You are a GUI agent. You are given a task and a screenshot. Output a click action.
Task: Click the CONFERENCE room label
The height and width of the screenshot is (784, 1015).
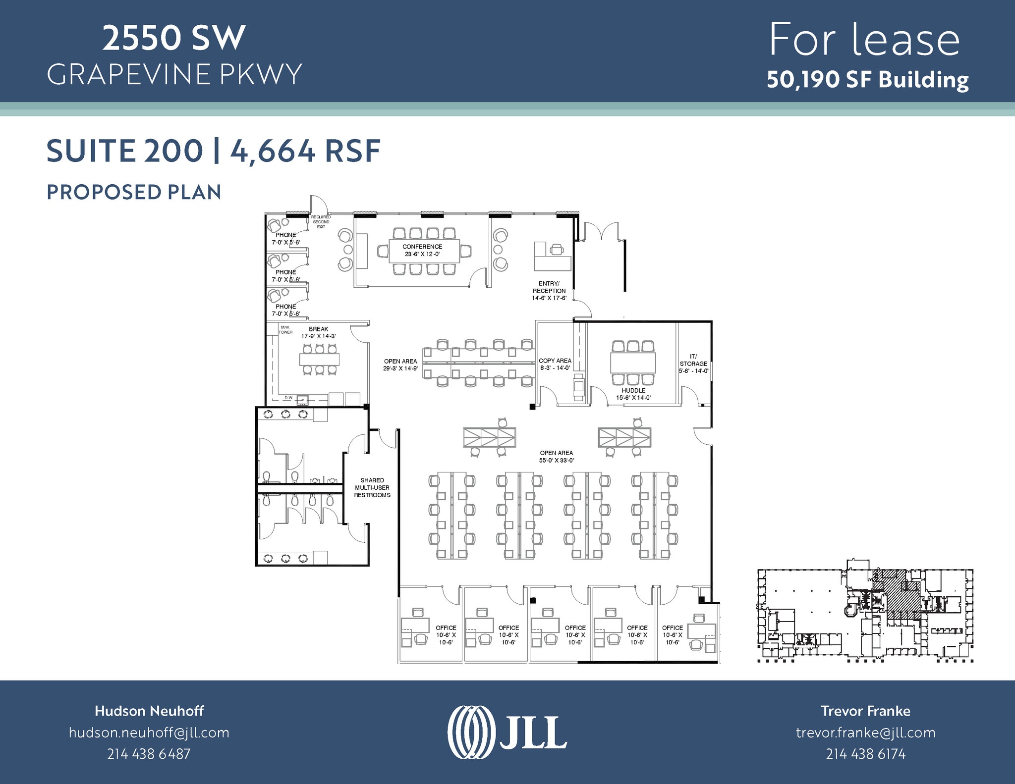422,250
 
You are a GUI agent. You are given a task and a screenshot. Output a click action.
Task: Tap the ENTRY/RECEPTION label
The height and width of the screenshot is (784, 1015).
549,291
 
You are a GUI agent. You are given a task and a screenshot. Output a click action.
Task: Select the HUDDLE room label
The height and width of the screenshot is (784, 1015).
633,394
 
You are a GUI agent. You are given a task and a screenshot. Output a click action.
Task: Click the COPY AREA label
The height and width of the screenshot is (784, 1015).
555,364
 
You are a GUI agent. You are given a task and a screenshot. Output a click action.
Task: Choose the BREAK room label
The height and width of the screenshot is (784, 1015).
319,332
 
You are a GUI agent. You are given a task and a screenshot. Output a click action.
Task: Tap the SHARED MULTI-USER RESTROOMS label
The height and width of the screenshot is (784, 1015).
372,487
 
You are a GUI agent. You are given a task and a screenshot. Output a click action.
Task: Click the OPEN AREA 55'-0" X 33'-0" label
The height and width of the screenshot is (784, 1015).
556,456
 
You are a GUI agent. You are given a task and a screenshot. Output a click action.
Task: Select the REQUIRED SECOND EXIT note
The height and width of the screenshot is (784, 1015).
321,222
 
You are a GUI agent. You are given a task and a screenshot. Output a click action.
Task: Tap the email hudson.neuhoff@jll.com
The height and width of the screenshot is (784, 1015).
149,732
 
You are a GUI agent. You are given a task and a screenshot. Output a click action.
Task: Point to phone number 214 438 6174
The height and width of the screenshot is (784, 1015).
865,754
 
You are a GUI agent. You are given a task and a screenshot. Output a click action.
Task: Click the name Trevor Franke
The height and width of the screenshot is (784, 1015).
865,711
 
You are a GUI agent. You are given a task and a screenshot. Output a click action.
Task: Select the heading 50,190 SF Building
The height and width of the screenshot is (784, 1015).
867,80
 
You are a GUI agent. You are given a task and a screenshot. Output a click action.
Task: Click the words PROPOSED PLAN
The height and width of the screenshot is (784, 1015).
134,192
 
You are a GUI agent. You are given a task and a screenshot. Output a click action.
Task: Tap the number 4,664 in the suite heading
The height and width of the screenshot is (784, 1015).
272,151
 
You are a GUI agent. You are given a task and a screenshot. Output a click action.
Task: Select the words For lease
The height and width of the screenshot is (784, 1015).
864,40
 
